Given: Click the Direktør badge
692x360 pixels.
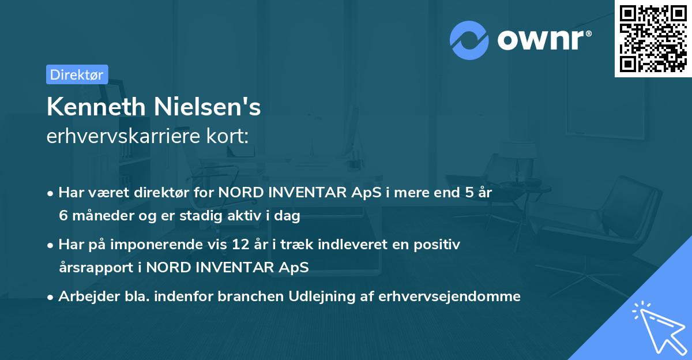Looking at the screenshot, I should pyautogui.click(x=77, y=74).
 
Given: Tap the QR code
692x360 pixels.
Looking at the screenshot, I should pyautogui.click(x=653, y=38).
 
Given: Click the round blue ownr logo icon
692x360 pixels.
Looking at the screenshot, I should pyautogui.click(x=469, y=40).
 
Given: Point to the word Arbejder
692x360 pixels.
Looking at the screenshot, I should pyautogui.click(x=84, y=297).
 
